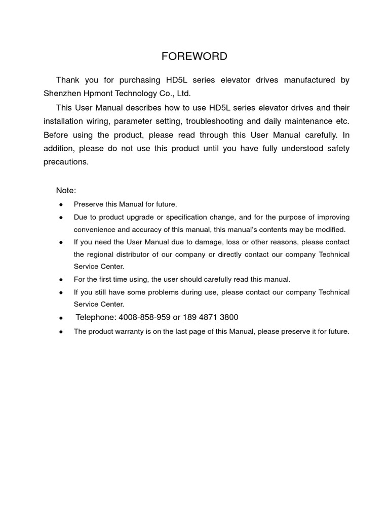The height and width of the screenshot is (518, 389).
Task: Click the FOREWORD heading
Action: [194, 56]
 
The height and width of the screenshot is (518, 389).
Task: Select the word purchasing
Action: [141, 80]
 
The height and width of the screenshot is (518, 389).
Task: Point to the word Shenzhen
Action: [60, 94]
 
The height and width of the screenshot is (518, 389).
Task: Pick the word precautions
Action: [66, 162]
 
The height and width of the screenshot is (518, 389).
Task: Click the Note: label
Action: [66, 190]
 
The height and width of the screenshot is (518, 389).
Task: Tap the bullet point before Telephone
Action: [61, 318]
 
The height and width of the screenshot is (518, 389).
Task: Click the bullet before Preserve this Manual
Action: [61, 204]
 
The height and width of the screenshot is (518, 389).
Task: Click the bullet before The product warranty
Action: [61, 332]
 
